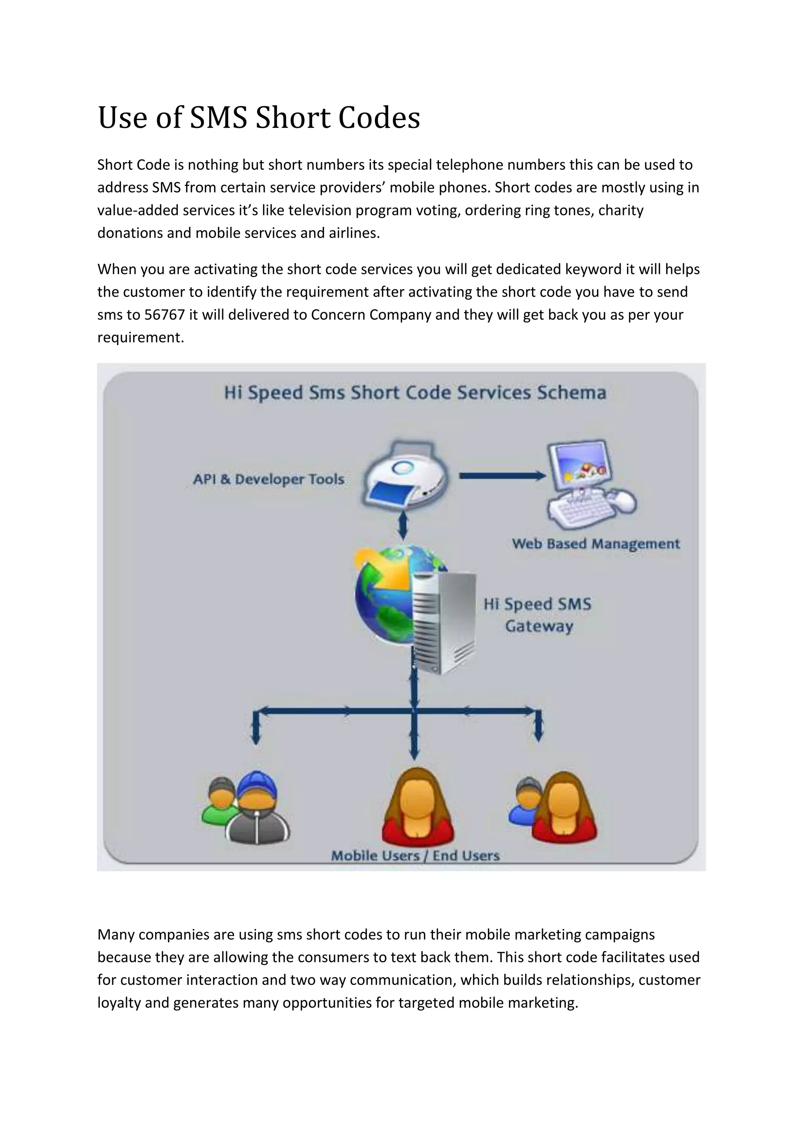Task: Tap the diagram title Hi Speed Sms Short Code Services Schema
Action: (x=415, y=393)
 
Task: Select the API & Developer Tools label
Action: (x=269, y=479)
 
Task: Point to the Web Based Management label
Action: (x=596, y=544)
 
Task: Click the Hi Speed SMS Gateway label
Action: (x=538, y=615)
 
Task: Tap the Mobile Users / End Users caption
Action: (x=415, y=856)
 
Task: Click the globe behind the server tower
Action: (x=381, y=589)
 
